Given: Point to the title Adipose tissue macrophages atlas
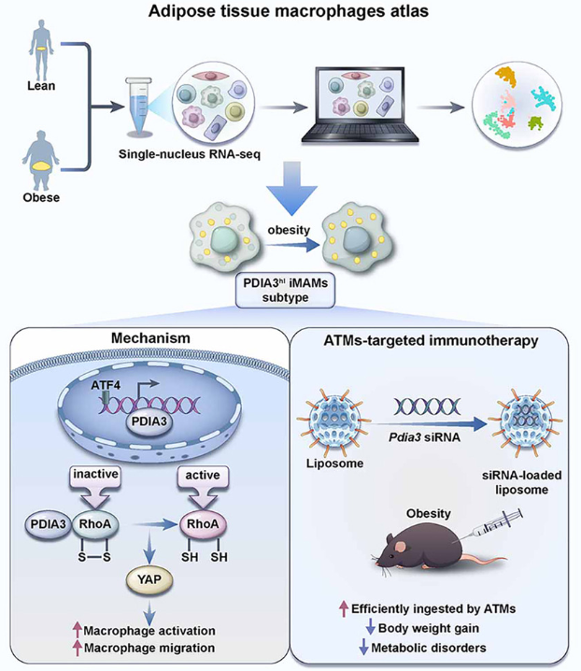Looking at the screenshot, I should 290,12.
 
